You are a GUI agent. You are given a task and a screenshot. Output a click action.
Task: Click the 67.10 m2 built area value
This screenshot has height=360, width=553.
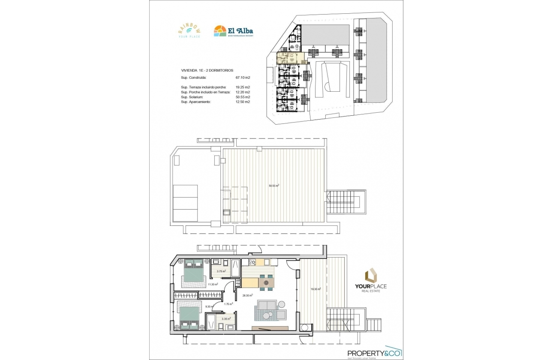coord(243,78)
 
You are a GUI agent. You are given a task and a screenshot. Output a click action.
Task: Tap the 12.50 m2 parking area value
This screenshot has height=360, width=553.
coord(243,102)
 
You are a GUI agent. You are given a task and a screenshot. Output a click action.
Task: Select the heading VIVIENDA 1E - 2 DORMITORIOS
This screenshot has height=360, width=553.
coord(207,70)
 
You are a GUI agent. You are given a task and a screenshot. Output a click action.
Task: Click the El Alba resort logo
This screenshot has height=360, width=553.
coord(233,31)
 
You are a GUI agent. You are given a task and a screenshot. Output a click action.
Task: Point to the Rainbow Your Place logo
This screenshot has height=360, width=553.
coord(189,31)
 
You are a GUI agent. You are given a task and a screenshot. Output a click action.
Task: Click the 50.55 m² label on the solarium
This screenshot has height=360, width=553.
coord(274,186)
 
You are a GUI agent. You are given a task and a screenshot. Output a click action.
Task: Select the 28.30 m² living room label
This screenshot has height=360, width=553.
coord(247,295)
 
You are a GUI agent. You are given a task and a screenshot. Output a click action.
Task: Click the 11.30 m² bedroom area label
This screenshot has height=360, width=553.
coord(213,284)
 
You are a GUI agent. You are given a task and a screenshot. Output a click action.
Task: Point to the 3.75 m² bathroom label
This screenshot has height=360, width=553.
coord(221,271)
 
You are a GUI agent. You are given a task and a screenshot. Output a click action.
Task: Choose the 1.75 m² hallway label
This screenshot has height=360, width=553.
coord(228,304)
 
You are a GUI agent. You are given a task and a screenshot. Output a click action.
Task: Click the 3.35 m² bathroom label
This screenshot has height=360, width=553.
coord(226,319)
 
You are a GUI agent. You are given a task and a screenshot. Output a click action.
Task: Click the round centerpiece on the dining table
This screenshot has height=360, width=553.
coord(266,283)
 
